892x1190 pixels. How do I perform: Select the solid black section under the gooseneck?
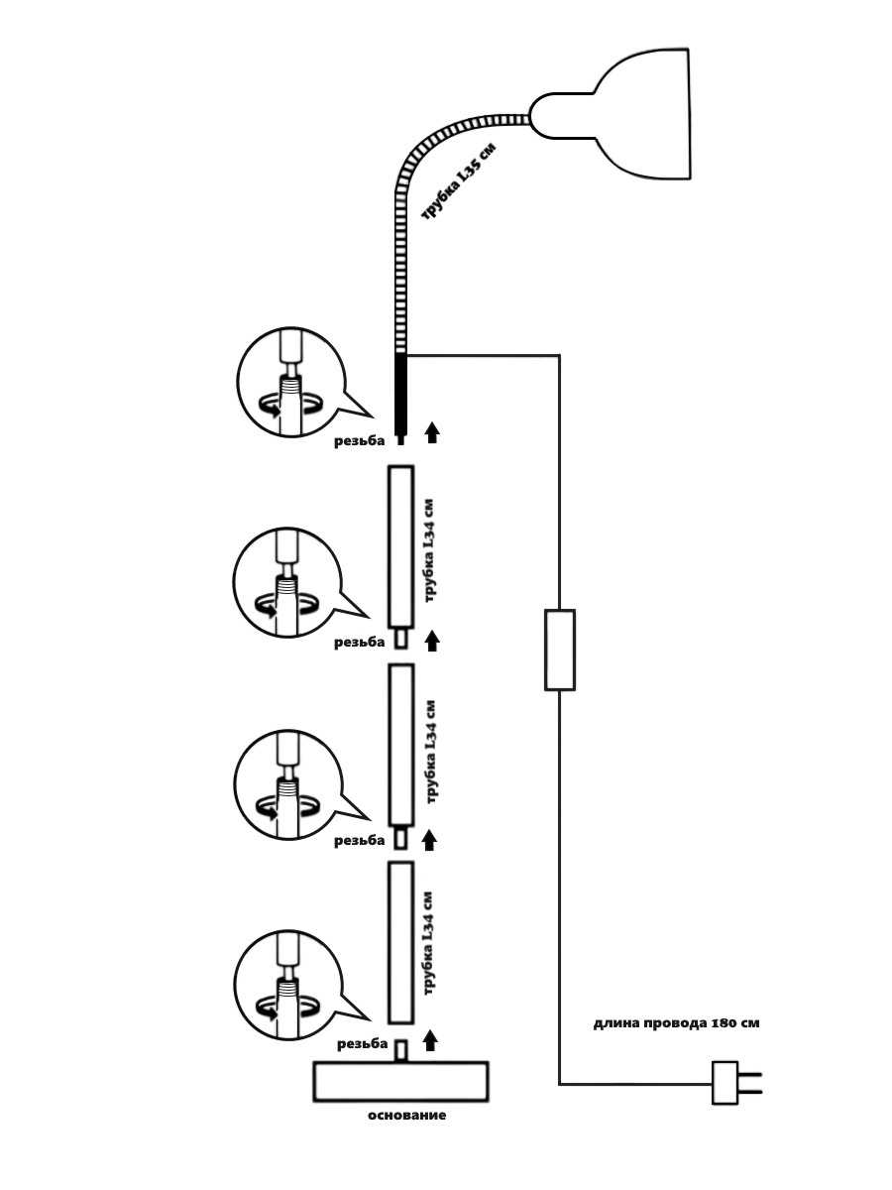[x=400, y=392]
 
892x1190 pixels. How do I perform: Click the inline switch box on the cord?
[x=560, y=650]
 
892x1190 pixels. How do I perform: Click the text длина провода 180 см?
[x=677, y=1023]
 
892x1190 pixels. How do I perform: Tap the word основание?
[x=406, y=1116]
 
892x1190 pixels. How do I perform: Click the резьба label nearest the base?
[x=362, y=1044]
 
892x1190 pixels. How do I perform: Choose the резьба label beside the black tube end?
[x=359, y=442]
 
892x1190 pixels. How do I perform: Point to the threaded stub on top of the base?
[x=401, y=1050]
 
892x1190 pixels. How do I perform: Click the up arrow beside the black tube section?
[x=431, y=433]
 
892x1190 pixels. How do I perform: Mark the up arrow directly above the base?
[x=429, y=1040]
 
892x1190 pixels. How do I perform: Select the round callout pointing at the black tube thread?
[x=288, y=381]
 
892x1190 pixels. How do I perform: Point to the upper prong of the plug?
[x=751, y=1073]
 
